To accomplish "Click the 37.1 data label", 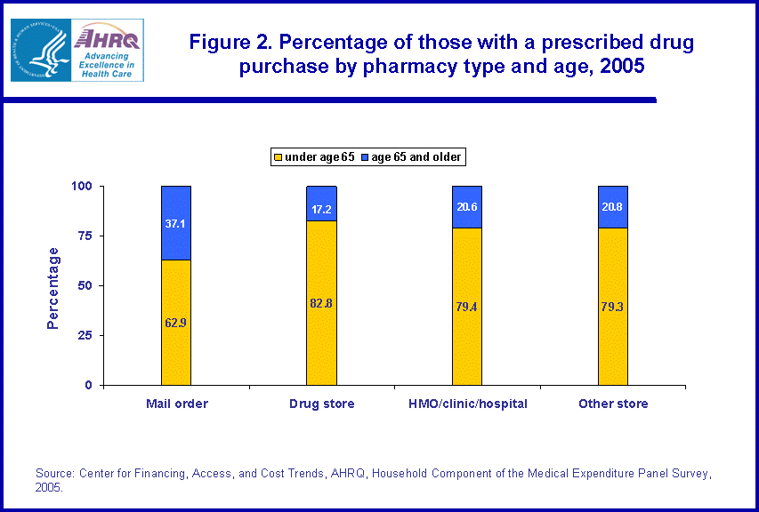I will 176,224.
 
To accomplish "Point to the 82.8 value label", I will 321,304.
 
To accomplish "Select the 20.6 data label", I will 467,207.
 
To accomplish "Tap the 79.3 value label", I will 613,307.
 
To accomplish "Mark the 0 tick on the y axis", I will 89,385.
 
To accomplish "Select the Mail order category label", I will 176,404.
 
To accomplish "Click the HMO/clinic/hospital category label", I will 467,404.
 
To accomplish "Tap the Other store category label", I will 613,404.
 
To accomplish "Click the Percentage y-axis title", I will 53,287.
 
